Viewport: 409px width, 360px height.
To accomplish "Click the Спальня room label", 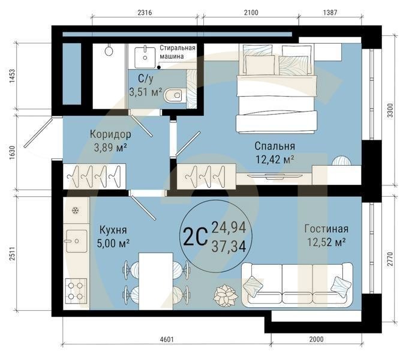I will [275, 146].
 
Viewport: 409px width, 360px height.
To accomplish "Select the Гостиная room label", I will [326, 229].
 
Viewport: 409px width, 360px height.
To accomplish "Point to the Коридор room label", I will [110, 133].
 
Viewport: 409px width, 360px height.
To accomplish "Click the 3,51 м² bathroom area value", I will [145, 92].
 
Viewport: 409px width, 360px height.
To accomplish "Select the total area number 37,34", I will [228, 246].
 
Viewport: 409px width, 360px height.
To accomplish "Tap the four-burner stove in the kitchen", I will [76, 291].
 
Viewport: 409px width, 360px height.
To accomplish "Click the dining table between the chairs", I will [155, 280].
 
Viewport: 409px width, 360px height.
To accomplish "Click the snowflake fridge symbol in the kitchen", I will [76, 211].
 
